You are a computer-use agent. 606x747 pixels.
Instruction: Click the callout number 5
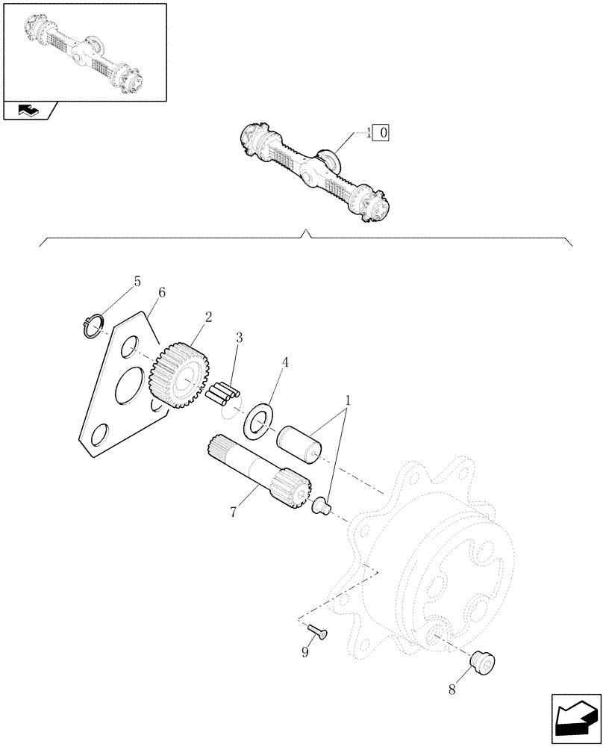[137, 282]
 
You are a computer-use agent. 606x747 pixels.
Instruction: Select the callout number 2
[208, 316]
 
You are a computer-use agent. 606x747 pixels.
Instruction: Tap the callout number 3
[239, 338]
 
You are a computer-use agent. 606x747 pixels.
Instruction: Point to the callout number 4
[285, 362]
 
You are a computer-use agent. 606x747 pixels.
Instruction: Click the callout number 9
[304, 651]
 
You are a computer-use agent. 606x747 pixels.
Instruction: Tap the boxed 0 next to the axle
[383, 134]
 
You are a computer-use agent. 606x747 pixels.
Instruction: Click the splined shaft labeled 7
[257, 471]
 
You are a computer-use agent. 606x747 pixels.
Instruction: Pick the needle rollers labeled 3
[225, 394]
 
